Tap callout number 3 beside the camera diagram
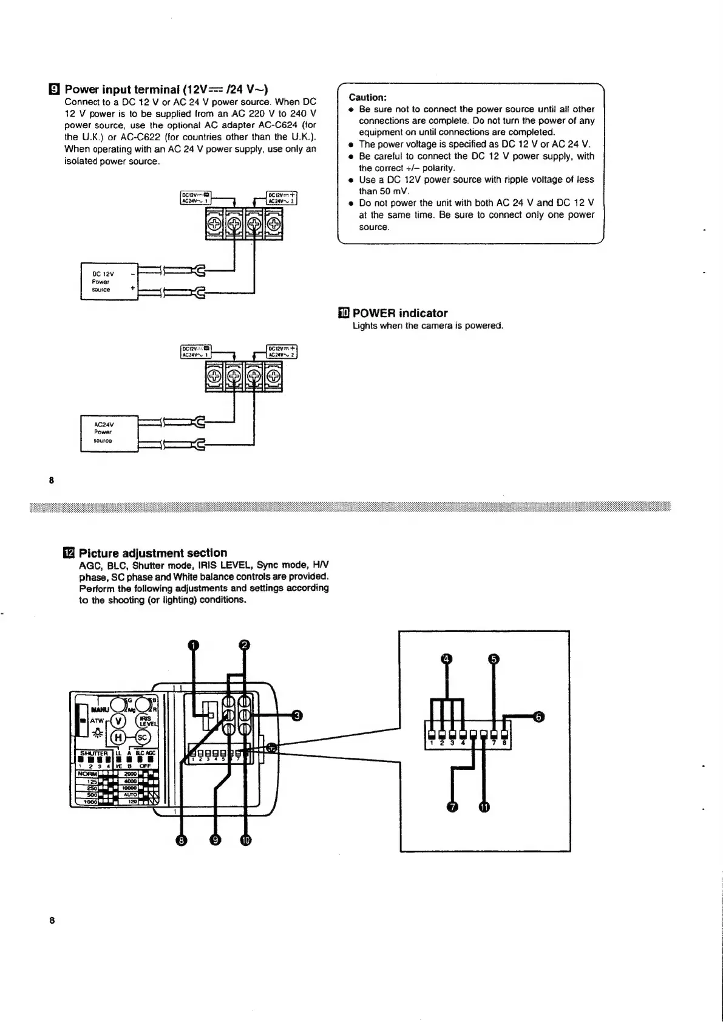coord(297,715)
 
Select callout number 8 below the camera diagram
coord(180,840)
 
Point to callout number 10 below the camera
coord(245,840)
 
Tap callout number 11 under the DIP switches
coord(484,807)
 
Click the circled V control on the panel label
coord(119,720)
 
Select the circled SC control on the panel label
coord(142,737)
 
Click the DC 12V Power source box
coord(109,281)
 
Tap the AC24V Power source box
coord(109,432)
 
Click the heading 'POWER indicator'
coord(400,313)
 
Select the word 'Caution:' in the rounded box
coord(367,97)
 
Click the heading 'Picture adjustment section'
coord(153,553)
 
